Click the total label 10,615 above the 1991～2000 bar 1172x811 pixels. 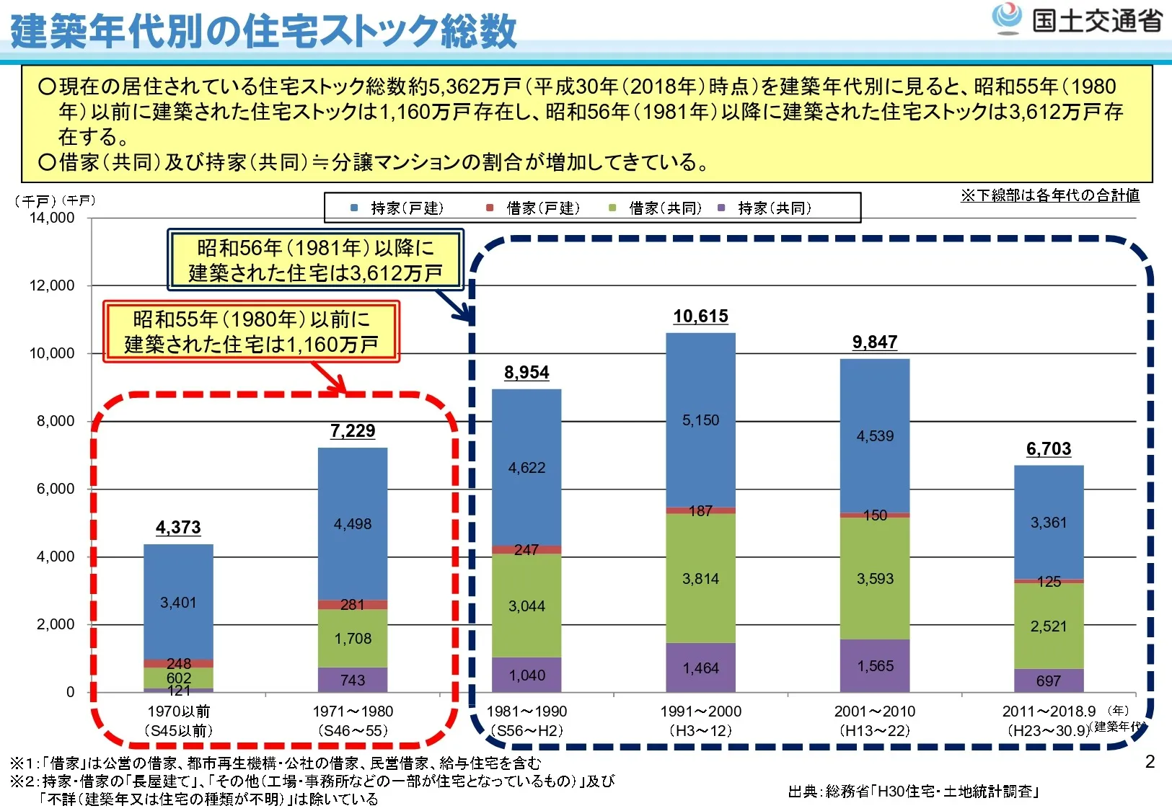[x=700, y=316]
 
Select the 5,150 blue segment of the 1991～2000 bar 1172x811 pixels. [x=700, y=420]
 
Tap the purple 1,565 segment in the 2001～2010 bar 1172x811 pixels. [x=875, y=666]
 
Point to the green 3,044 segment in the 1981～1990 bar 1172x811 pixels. [x=526, y=606]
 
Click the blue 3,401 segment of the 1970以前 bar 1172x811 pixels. [x=178, y=603]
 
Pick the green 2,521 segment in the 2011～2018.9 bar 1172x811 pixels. [x=1049, y=626]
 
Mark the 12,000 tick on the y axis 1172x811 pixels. [x=52, y=285]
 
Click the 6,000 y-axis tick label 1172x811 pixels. [x=56, y=489]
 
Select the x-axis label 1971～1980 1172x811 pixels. [x=353, y=712]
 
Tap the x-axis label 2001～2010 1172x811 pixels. [x=875, y=712]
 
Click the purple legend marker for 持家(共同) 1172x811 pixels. [x=721, y=208]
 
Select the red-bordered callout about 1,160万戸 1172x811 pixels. [x=251, y=332]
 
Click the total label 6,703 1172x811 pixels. [x=1049, y=449]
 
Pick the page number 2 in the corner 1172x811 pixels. [x=1150, y=762]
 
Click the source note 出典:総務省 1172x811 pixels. [x=913, y=792]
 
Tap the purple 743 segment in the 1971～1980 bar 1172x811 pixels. [x=353, y=680]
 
